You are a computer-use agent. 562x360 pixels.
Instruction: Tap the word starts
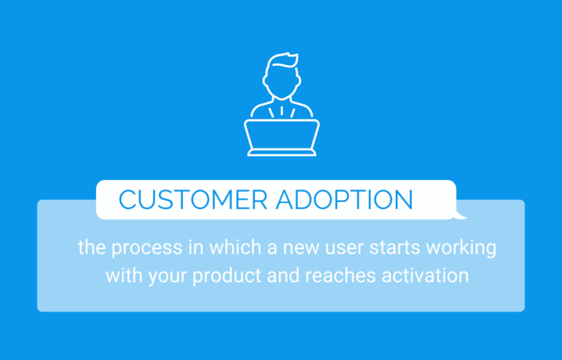(381, 248)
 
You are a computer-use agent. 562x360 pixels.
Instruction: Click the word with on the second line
(121, 276)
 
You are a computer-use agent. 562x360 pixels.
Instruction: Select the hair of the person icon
(281, 59)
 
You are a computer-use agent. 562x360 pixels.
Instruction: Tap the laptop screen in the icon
(282, 134)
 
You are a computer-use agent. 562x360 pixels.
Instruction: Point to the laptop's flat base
(282, 152)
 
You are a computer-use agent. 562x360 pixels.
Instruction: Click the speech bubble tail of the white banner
(460, 215)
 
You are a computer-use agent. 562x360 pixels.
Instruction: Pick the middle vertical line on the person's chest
(282, 111)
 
